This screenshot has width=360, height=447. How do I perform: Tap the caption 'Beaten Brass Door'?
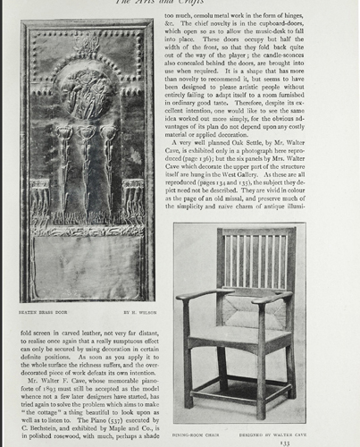(46, 312)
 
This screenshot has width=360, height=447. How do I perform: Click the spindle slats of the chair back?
(254, 259)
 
